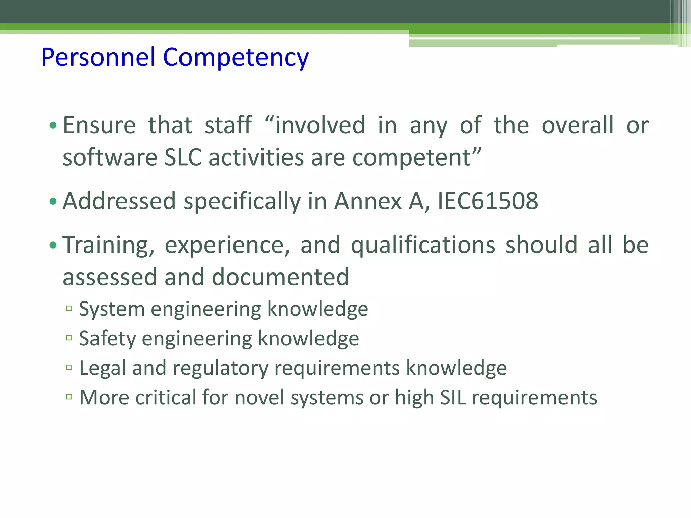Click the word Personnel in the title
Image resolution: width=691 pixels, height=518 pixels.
98,57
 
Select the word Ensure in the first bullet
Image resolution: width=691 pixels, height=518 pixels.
99,125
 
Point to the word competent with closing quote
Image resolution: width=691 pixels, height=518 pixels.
417,157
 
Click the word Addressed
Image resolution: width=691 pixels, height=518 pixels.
119,201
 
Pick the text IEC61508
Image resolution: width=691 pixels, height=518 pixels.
488,201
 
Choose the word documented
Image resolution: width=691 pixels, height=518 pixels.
280,277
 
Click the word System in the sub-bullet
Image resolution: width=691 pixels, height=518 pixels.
112,309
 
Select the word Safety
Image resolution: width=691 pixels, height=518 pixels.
107,339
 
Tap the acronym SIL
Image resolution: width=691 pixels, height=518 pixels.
452,397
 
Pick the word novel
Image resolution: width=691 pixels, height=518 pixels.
259,397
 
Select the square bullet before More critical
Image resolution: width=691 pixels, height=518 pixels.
69,397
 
